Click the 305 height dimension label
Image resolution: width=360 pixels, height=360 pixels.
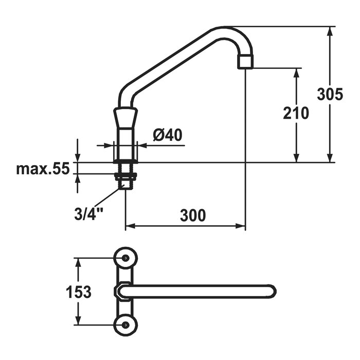(330, 95)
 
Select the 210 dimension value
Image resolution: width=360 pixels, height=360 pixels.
(296, 113)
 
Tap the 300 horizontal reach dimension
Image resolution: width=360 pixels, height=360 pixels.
(192, 215)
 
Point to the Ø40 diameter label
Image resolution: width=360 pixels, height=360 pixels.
(168, 135)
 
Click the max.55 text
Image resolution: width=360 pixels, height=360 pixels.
(43, 168)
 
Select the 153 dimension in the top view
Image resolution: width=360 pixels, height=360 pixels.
(79, 292)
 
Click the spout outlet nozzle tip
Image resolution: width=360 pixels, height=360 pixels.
(245, 62)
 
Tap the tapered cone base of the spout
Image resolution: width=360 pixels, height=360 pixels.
(125, 120)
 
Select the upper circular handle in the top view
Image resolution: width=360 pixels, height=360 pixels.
(125, 258)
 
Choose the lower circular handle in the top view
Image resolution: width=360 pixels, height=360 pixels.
(125, 325)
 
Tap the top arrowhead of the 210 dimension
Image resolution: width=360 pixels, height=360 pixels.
(296, 71)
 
